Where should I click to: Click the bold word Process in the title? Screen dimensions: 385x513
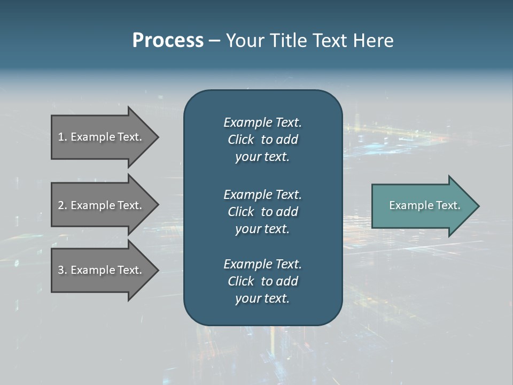point(168,41)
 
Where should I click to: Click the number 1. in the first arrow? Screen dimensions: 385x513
point(63,137)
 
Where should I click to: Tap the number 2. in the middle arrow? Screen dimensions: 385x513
point(63,205)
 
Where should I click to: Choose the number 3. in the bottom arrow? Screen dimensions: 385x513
point(63,270)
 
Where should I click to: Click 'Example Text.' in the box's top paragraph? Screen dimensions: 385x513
point(262,122)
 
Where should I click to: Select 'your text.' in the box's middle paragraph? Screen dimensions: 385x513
point(262,229)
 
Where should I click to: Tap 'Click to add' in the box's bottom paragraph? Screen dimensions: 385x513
point(262,281)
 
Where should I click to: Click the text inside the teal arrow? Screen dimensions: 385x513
point(424,205)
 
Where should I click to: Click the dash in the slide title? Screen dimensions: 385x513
point(215,41)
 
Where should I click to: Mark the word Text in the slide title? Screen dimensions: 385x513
point(331,41)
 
